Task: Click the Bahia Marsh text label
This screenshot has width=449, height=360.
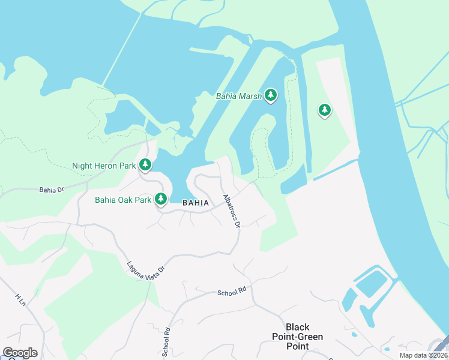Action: pyautogui.click(x=238, y=95)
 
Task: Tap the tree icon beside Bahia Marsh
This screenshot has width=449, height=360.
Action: pyautogui.click(x=271, y=95)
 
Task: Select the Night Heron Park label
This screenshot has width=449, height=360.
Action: pyautogui.click(x=104, y=166)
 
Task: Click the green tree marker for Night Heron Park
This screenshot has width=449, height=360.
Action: pyautogui.click(x=145, y=164)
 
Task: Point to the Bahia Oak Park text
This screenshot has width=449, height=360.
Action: pyautogui.click(x=123, y=199)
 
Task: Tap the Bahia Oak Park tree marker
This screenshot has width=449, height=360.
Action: pyautogui.click(x=160, y=198)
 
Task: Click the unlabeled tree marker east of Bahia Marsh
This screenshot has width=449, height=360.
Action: pyautogui.click(x=325, y=110)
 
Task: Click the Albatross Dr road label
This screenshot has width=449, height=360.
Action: pyautogui.click(x=231, y=211)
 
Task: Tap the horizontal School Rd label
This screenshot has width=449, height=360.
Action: pyautogui.click(x=232, y=293)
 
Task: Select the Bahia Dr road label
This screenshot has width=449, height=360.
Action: pyautogui.click(x=51, y=190)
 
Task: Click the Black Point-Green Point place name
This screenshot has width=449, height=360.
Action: pyautogui.click(x=297, y=337)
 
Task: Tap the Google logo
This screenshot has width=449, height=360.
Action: pyautogui.click(x=20, y=353)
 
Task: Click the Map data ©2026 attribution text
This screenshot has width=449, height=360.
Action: pyautogui.click(x=422, y=355)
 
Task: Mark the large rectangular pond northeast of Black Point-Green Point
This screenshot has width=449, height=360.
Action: pyautogui.click(x=373, y=284)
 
